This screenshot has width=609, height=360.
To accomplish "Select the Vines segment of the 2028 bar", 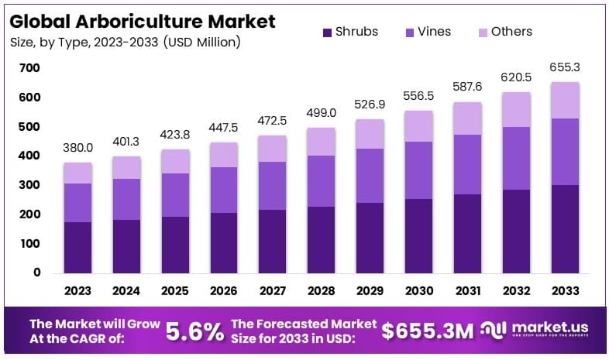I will (321, 181).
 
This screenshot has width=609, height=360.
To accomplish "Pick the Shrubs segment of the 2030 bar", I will (418, 235).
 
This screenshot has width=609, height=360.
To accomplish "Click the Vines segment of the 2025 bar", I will (175, 194).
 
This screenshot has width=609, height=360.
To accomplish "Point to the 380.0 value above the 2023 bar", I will (78, 148).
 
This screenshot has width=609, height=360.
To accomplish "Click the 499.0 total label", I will (321, 113).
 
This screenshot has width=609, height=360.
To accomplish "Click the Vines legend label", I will (434, 32).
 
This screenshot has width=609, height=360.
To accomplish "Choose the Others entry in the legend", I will (511, 32).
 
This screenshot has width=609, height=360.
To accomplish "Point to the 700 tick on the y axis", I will (30, 68).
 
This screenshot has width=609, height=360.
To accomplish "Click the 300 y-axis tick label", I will (30, 185).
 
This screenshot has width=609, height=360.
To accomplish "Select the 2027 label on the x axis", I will (272, 290).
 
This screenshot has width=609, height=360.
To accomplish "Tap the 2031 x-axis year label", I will (466, 290).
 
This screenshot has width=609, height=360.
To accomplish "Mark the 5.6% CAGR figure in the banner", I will (194, 331).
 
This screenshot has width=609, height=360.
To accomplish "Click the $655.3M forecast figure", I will (428, 331).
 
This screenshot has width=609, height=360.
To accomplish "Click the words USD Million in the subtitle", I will (202, 42).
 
